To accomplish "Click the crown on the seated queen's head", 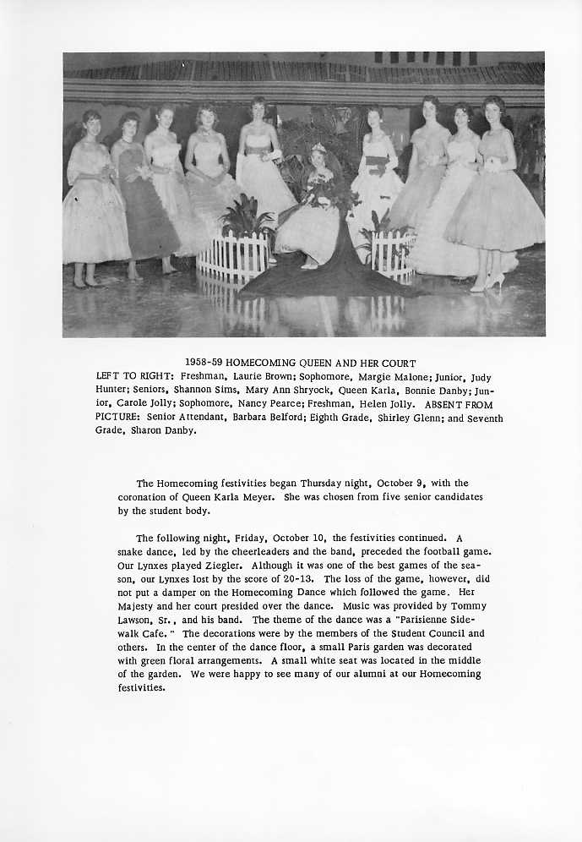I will tap(318, 149).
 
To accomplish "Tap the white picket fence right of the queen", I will tap(394, 253).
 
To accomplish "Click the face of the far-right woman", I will tap(492, 112).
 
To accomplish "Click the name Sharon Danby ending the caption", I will tap(162, 431).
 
